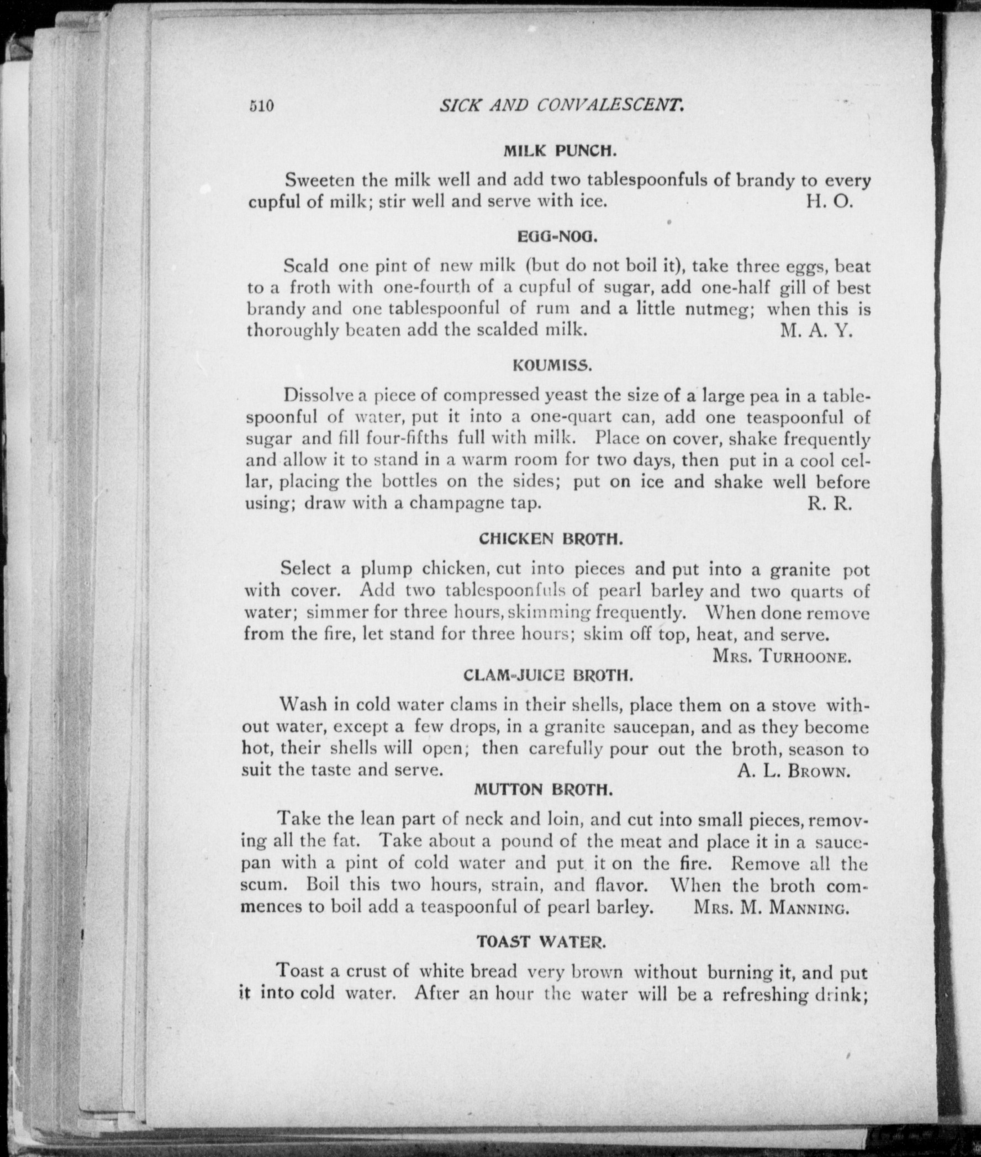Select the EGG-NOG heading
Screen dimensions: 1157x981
click(557, 237)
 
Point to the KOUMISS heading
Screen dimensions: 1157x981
click(551, 365)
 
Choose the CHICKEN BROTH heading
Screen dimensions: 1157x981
click(549, 539)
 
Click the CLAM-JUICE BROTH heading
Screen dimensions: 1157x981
click(548, 676)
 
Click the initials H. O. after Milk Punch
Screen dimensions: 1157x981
click(829, 201)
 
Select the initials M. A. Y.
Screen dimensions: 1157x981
click(816, 331)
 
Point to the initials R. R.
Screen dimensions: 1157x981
click(829, 504)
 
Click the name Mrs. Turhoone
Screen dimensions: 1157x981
click(781, 657)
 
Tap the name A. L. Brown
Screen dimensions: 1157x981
click(794, 771)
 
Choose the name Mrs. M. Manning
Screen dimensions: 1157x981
click(771, 907)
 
